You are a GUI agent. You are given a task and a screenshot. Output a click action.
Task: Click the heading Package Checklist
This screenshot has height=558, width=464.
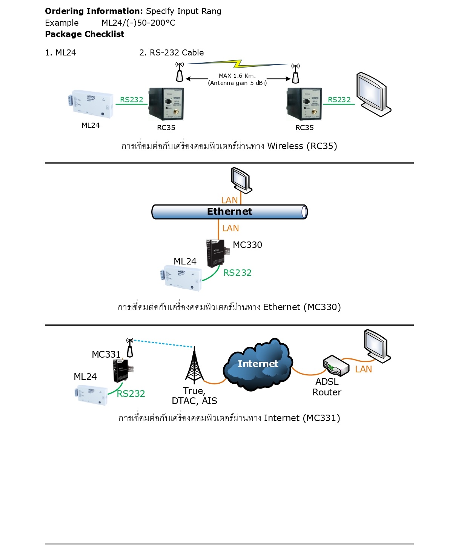coord(85,34)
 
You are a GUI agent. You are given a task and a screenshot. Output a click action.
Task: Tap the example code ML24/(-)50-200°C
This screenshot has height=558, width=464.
coord(138,23)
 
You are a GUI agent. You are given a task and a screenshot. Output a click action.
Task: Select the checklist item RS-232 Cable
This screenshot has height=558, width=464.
coord(177,53)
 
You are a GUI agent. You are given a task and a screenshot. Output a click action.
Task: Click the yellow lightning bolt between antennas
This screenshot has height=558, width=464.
coord(238,64)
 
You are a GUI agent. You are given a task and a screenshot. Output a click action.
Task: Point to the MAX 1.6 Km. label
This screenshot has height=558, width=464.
coord(237,76)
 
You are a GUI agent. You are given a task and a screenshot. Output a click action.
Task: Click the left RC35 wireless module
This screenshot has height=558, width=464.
coord(166,104)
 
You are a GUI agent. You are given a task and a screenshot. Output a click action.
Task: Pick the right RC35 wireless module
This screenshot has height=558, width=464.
coord(304,104)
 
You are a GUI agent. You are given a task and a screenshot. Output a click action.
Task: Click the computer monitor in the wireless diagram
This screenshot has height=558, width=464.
coord(373,94)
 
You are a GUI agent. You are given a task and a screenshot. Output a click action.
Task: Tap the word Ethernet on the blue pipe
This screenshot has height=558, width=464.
coord(229,212)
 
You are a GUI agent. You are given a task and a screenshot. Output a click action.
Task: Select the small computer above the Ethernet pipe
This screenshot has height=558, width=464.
coord(241,180)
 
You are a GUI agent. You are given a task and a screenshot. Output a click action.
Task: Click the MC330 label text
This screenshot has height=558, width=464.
coord(247,245)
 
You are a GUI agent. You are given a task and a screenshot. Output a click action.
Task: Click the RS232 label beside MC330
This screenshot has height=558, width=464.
coord(237,273)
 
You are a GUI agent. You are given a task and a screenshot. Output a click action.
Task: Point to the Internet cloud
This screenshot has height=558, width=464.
coord(258,364)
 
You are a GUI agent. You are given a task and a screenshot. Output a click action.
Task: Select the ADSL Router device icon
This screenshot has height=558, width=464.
coord(335,365)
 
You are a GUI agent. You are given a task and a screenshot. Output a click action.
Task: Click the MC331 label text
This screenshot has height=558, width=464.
coord(106,355)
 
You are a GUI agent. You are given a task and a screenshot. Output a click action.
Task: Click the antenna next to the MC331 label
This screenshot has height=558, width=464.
coord(130,347)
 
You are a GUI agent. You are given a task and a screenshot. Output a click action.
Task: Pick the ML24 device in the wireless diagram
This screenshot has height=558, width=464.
coord(91,102)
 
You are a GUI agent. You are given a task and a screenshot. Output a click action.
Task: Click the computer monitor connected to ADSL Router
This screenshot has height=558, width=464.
coord(376,346)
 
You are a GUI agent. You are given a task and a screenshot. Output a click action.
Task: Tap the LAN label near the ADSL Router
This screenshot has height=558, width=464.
coord(363,369)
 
